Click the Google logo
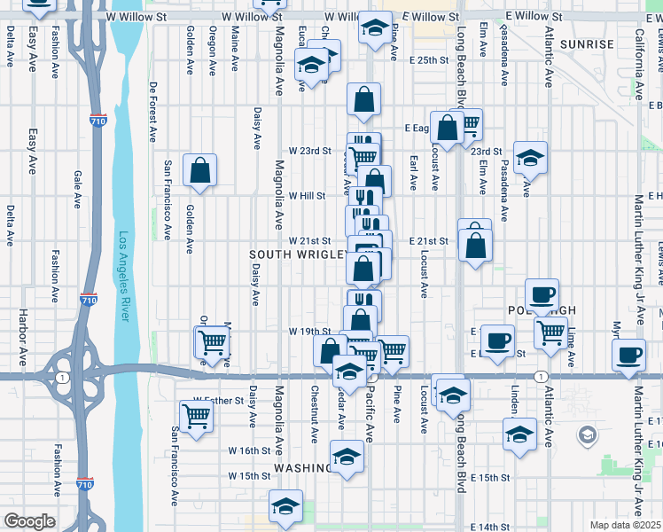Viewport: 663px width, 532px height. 29,521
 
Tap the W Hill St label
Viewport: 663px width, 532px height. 307,196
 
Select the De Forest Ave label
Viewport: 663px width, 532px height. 152,113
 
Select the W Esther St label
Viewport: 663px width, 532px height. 218,401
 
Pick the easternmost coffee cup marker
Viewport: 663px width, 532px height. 629,355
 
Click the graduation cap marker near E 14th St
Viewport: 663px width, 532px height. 285,505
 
